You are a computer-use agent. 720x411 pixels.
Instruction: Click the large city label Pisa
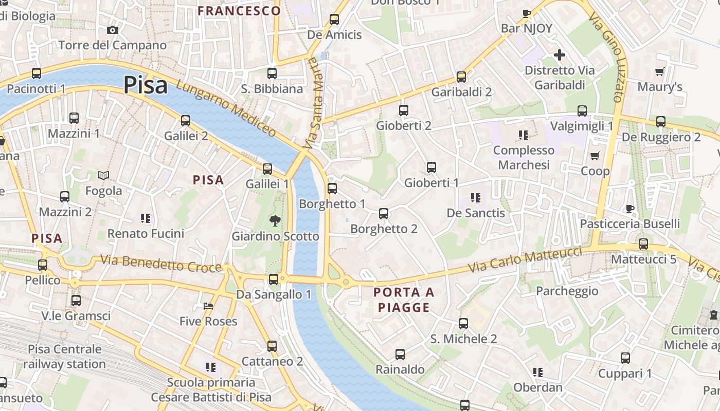click(x=146, y=85)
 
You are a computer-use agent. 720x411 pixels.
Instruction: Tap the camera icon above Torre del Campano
click(x=113, y=30)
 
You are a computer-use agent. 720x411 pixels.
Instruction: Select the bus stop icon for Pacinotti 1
click(x=37, y=73)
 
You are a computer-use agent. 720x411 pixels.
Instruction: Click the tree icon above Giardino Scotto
click(x=275, y=221)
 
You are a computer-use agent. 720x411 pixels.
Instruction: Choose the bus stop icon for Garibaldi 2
click(x=461, y=77)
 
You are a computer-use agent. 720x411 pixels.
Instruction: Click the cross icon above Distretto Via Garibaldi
click(x=560, y=55)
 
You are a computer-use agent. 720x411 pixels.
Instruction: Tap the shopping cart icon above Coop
click(x=595, y=156)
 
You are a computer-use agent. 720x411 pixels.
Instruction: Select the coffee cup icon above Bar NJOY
click(x=526, y=13)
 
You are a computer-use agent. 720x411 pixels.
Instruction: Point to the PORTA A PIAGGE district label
click(x=404, y=300)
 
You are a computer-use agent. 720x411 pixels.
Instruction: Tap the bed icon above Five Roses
click(x=208, y=306)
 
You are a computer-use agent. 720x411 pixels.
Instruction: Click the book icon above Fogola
click(x=103, y=176)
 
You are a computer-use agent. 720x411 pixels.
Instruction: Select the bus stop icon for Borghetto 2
click(x=384, y=214)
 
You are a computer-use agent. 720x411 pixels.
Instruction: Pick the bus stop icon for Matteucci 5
click(x=643, y=244)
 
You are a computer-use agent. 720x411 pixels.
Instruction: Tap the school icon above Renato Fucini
click(x=146, y=218)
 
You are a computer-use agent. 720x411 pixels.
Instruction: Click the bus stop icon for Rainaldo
click(x=400, y=354)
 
